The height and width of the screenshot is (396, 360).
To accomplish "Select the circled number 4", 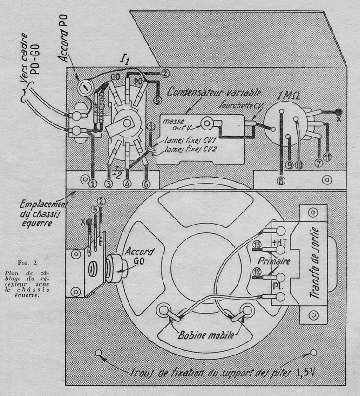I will click(x=127, y=184).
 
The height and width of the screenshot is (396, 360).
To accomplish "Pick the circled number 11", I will click(x=328, y=157).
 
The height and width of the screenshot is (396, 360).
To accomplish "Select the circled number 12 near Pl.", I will click(x=257, y=272).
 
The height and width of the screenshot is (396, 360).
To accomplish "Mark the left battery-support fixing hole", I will click(x=98, y=353).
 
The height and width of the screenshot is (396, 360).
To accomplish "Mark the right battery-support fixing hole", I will click(x=313, y=353).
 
